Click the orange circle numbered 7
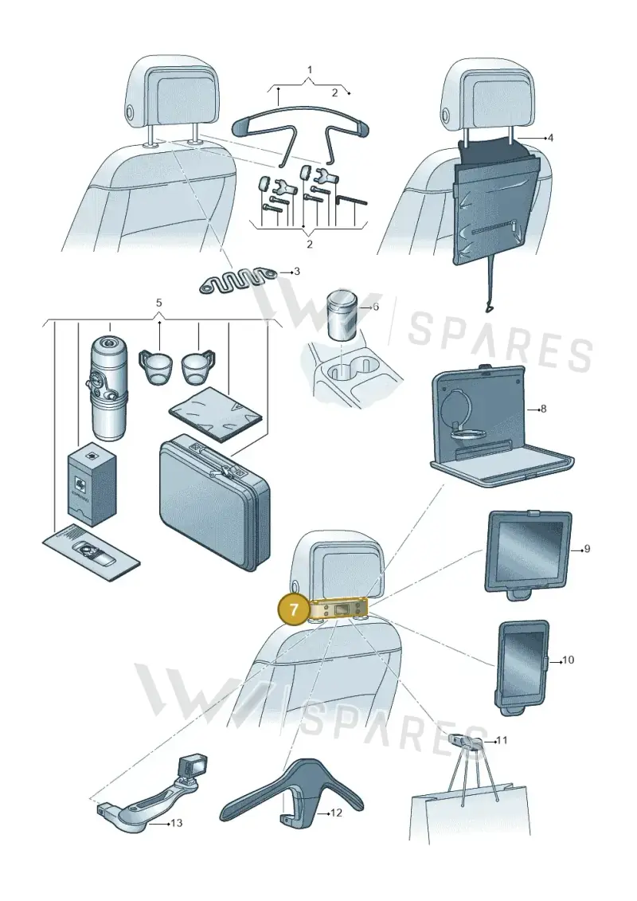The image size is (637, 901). click(294, 609)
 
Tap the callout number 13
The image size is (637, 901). click(176, 823)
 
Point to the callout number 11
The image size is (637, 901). click(502, 740)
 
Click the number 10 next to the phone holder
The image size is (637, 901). click(568, 660)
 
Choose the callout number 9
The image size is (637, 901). click(587, 549)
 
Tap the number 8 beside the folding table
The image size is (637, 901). click(543, 409)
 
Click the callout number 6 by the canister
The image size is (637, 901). click(376, 307)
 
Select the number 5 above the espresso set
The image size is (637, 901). click(159, 302)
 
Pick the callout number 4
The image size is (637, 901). click(550, 138)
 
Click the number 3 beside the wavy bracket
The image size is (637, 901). click(296, 271)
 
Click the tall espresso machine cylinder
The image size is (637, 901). click(108, 389)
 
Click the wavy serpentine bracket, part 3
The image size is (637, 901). click(237, 279)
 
